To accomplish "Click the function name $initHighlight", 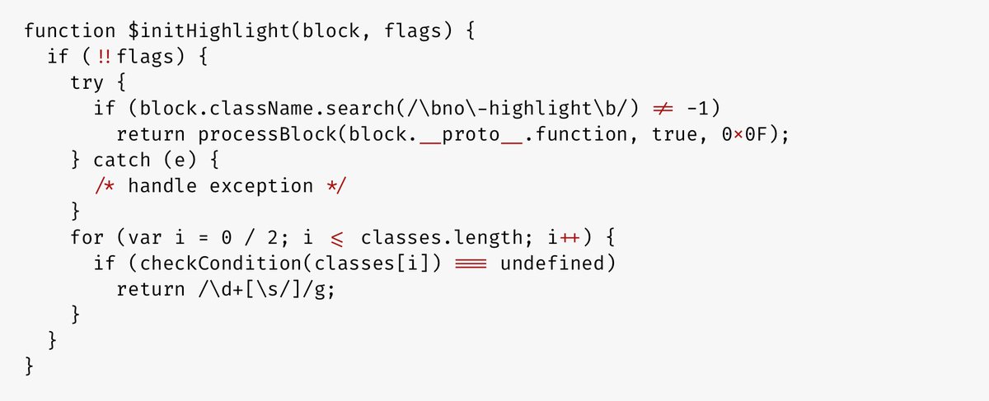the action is (209, 32).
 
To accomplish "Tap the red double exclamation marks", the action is (104, 57).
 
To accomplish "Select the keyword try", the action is (87, 83).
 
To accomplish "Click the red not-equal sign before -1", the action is (663, 109).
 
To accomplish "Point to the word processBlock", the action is (267, 134).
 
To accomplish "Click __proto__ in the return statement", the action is (471, 135).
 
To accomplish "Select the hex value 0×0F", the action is (744, 134).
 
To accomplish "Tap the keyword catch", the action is (122, 160).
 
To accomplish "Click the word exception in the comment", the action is (261, 187).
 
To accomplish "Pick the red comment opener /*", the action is (105, 186).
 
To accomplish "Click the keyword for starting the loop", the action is (87, 237).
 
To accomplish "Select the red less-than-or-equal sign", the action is (336, 239).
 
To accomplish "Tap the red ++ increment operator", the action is (569, 238).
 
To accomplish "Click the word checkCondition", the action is (220, 263).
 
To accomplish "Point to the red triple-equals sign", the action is (471, 263).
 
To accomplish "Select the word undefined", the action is (552, 263).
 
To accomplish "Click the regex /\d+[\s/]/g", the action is (262, 289).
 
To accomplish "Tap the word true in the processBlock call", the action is (674, 134).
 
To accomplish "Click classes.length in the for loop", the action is (442, 238).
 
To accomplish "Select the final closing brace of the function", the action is (29, 366).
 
